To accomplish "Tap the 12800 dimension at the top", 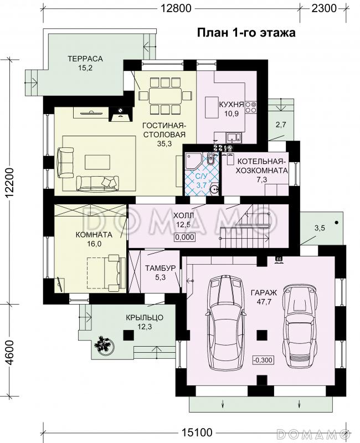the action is (176, 8).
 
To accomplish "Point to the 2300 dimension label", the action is (324, 8).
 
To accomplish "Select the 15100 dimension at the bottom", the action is (197, 432).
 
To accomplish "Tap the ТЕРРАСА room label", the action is (85, 59).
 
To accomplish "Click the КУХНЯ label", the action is (232, 105).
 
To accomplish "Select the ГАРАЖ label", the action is (264, 293).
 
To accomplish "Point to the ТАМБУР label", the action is (160, 268).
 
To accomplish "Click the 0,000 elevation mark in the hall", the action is (185, 237).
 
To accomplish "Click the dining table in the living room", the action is (165, 96).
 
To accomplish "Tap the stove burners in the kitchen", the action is (251, 107).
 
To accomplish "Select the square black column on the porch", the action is (128, 336).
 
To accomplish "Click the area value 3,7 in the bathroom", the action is (202, 186).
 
